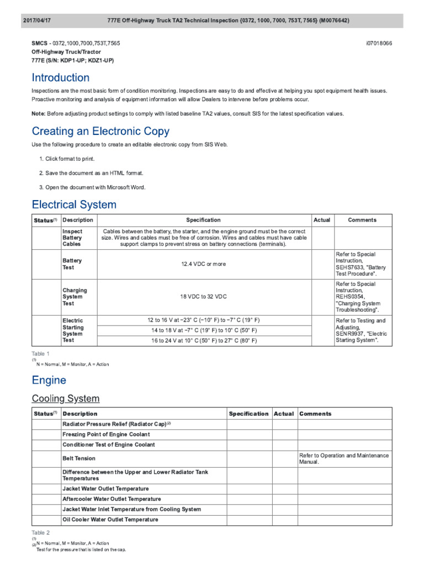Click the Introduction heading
click(61, 78)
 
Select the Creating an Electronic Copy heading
click(100, 132)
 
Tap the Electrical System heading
click(74, 205)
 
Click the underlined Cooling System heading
click(66, 399)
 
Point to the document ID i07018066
click(379, 43)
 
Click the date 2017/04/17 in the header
click(36, 20)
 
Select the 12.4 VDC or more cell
click(203, 264)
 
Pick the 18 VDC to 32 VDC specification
click(203, 297)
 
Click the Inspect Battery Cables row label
click(73, 238)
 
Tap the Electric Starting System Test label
click(73, 331)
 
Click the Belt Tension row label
click(78, 458)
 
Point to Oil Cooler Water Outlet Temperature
click(110, 520)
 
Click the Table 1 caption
click(41, 354)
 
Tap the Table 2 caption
click(41, 533)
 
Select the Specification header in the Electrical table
click(203, 220)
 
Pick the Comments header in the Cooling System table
click(315, 414)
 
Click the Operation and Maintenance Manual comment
click(343, 458)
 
